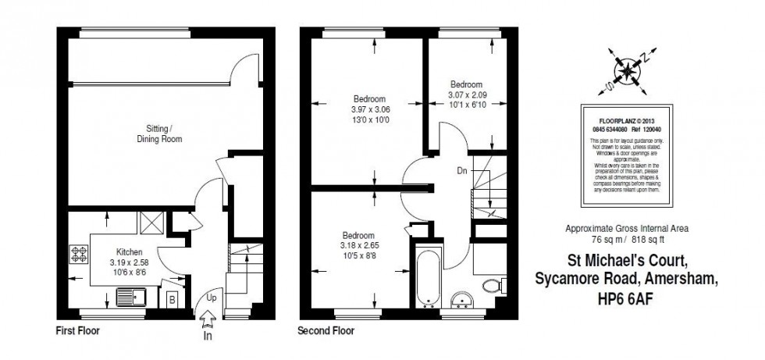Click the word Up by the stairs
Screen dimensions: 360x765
click(x=212, y=298)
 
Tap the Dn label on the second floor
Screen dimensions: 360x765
click(x=462, y=169)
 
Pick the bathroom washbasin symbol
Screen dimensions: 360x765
click(x=463, y=302)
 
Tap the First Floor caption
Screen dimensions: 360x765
click(x=77, y=331)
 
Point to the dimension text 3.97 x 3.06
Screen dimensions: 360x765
click(x=369, y=109)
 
